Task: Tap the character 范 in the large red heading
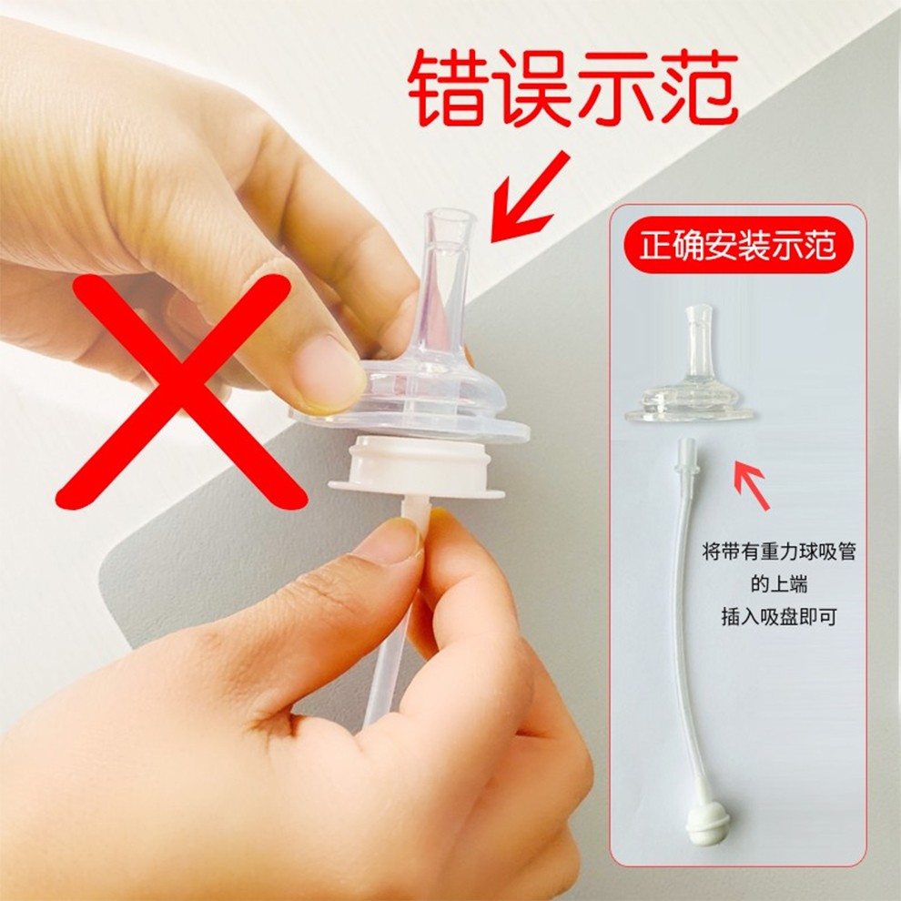pyautogui.click(x=694, y=87)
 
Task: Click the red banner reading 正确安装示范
pyautogui.click(x=737, y=247)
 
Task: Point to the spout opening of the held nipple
pyautogui.click(x=450, y=218)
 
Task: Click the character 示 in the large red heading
pyautogui.click(x=612, y=87)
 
